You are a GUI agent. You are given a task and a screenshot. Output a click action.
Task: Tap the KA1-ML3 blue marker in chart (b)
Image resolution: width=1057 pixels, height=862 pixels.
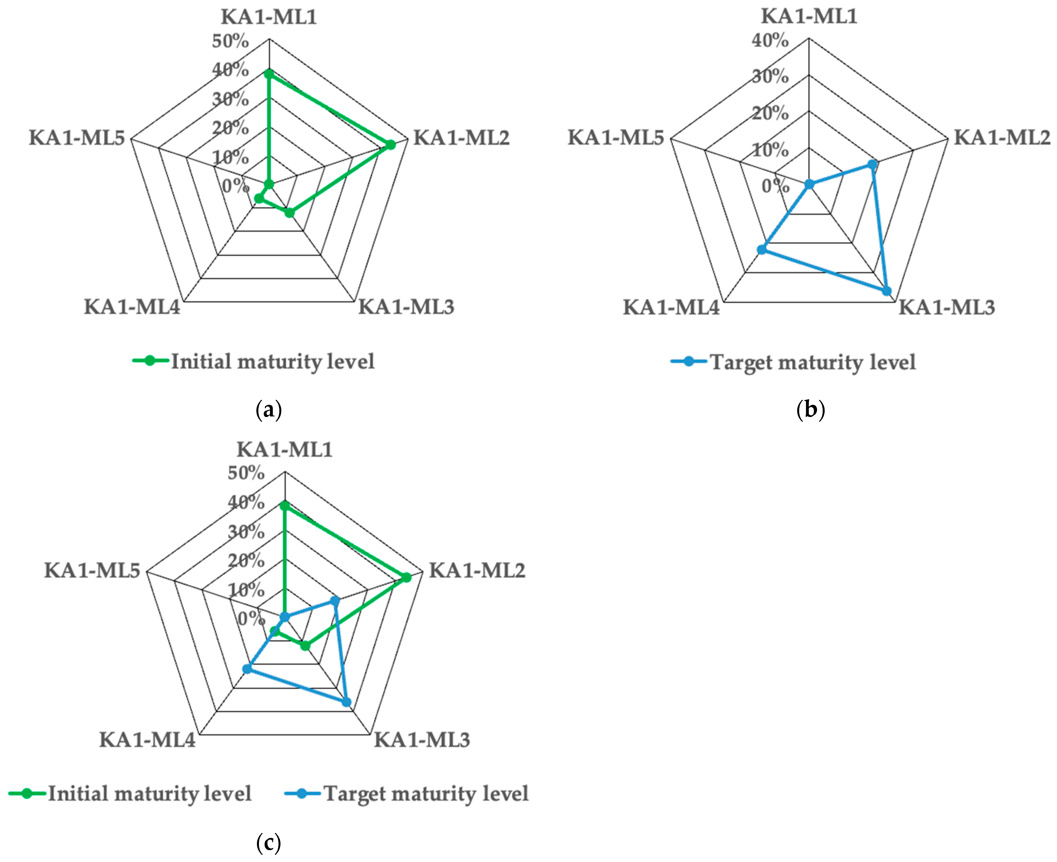(887, 291)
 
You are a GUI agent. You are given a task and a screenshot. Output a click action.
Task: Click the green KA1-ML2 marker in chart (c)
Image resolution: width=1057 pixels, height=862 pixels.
(406, 577)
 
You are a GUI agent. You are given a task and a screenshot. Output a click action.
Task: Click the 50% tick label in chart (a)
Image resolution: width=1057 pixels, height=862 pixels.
(230, 41)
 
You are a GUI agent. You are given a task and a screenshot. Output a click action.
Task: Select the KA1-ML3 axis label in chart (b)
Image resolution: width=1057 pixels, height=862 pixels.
(947, 307)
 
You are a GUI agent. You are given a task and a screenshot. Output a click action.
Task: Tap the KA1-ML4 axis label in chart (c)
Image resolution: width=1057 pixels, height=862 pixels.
(147, 740)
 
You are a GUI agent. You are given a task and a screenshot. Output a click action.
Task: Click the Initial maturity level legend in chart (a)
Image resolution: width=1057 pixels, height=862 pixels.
(272, 362)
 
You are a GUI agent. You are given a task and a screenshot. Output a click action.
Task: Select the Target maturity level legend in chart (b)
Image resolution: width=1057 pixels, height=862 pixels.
(812, 362)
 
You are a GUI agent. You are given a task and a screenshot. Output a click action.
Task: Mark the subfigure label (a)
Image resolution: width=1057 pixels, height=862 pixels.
(269, 410)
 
